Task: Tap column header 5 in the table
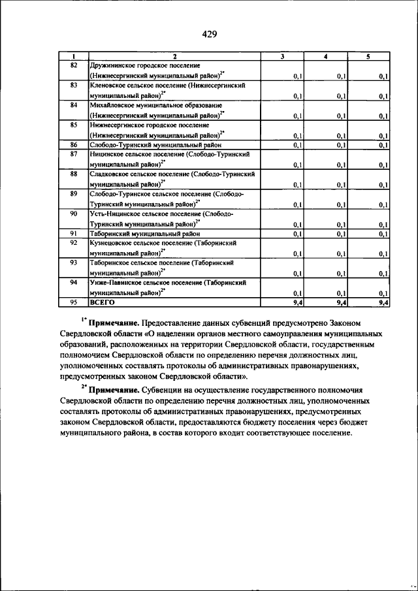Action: click(369, 57)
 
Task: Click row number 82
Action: click(74, 65)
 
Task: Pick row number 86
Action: click(74, 144)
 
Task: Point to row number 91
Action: click(74, 233)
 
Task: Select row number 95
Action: click(74, 302)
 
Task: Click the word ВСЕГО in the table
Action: click(103, 302)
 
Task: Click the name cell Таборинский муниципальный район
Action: click(145, 233)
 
